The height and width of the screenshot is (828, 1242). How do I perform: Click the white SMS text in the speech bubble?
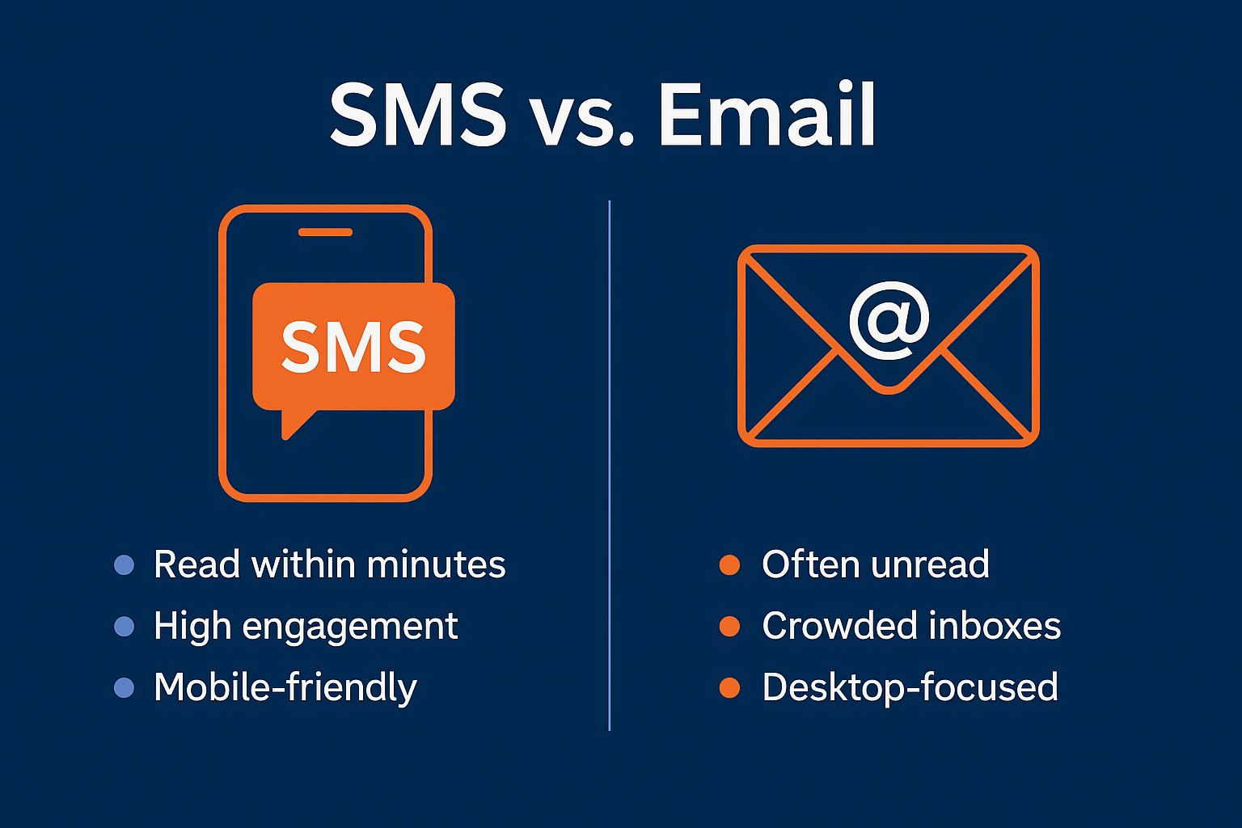click(353, 347)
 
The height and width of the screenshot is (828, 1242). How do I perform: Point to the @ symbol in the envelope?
click(889, 320)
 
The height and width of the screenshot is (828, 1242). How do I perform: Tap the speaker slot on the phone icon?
click(325, 232)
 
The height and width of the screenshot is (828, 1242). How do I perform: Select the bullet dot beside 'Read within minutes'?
click(125, 564)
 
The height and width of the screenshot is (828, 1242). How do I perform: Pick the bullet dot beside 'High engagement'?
click(125, 626)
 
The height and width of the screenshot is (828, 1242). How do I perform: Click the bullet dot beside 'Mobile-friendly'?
click(125, 687)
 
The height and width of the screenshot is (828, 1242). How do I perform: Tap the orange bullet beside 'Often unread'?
click(729, 564)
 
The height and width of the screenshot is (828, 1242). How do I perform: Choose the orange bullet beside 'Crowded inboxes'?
click(729, 626)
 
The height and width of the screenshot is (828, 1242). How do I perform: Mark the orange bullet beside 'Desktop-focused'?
click(729, 687)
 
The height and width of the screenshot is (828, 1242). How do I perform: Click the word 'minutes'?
click(436, 564)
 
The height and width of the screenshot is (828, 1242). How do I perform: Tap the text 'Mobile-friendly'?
click(285, 688)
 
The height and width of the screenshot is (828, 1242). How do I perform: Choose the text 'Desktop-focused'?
click(910, 687)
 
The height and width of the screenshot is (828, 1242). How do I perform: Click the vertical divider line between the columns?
click(609, 465)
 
